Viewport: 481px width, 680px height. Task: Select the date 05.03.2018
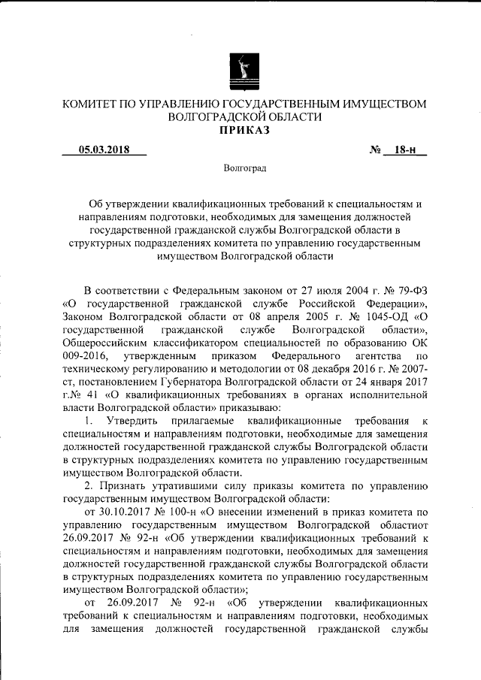point(104,150)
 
